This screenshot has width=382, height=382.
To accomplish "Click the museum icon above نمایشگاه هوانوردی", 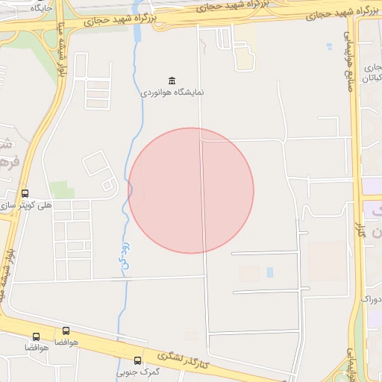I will [x=172, y=81].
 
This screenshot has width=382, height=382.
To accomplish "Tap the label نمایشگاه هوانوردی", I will [x=172, y=94].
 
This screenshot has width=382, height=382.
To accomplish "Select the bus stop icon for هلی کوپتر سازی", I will [x=25, y=193].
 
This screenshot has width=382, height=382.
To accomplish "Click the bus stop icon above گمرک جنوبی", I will [x=137, y=360].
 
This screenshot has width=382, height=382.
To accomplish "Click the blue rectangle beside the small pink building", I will [x=269, y=272].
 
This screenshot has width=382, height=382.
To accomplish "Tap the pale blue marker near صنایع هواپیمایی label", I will [x=329, y=46].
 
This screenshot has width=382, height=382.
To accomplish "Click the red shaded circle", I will [x=191, y=190].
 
